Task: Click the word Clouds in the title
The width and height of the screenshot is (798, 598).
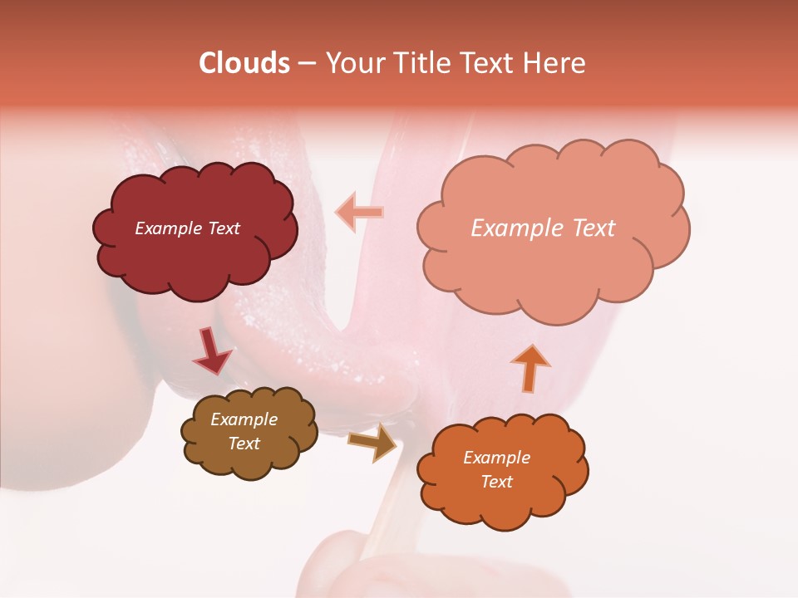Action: point(244,63)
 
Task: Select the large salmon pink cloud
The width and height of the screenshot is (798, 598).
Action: point(553,266)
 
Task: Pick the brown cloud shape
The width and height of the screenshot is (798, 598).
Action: point(249,461)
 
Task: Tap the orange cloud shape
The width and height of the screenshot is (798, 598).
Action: point(502,502)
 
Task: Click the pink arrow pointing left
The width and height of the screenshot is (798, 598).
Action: point(359,212)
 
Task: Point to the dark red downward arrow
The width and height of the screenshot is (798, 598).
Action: point(212,350)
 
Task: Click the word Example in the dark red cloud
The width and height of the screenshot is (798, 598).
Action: point(168,228)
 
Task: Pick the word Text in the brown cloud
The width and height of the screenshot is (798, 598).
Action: point(244,444)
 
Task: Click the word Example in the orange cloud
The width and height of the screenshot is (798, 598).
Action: point(496,458)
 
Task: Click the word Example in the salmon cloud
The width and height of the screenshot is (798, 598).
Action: point(516,228)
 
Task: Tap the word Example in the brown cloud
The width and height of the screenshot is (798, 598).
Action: point(244,419)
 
